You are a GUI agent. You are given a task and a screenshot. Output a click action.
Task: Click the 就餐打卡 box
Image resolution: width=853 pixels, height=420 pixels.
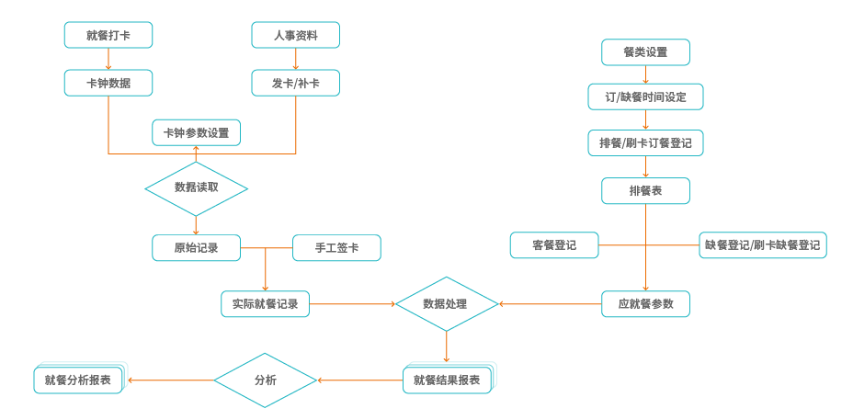pyautogui.click(x=108, y=35)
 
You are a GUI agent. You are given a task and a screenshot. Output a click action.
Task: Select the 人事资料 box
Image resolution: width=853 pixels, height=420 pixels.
pyautogui.click(x=296, y=35)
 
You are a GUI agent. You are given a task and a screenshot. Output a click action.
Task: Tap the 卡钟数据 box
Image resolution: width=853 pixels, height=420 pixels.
pyautogui.click(x=108, y=84)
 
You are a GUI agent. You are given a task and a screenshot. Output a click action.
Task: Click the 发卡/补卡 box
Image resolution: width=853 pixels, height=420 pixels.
pyautogui.click(x=296, y=84)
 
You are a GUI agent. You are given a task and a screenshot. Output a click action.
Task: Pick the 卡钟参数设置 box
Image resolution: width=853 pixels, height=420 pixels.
pyautogui.click(x=196, y=132)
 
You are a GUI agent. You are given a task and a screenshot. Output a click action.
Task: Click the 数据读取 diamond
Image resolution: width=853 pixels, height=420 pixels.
pyautogui.click(x=196, y=187)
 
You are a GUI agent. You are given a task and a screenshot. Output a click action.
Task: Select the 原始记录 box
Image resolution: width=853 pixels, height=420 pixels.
pyautogui.click(x=196, y=247)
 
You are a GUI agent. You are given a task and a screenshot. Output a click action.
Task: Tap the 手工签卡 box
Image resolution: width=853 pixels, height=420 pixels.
pyautogui.click(x=336, y=247)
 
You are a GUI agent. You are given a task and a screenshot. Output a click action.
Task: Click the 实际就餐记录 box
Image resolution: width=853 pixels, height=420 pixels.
pyautogui.click(x=265, y=303)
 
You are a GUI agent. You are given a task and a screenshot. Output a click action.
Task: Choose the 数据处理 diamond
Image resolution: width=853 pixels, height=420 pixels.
pyautogui.click(x=447, y=303)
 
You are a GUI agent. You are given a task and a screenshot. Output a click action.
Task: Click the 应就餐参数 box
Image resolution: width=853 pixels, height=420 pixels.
pyautogui.click(x=645, y=303)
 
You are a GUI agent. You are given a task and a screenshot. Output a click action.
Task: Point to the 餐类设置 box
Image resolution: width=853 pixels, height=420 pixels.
pyautogui.click(x=645, y=52)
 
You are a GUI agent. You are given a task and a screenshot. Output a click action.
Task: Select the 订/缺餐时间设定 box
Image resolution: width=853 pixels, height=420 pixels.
pyautogui.click(x=645, y=96)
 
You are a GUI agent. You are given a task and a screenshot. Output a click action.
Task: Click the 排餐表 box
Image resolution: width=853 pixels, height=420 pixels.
pyautogui.click(x=645, y=191)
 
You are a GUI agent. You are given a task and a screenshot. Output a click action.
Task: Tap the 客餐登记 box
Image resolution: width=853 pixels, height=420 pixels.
pyautogui.click(x=554, y=245)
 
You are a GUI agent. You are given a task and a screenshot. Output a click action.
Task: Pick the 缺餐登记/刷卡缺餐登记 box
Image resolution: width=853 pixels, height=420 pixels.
pyautogui.click(x=763, y=245)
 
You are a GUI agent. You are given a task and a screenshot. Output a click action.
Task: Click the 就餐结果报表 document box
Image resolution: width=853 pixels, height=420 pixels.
pyautogui.click(x=448, y=380)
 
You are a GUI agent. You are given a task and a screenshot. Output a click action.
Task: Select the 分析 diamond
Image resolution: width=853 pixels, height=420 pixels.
pyautogui.click(x=265, y=380)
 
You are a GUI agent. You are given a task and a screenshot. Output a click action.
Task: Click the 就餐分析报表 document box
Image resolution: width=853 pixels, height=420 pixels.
pyautogui.click(x=78, y=380)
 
